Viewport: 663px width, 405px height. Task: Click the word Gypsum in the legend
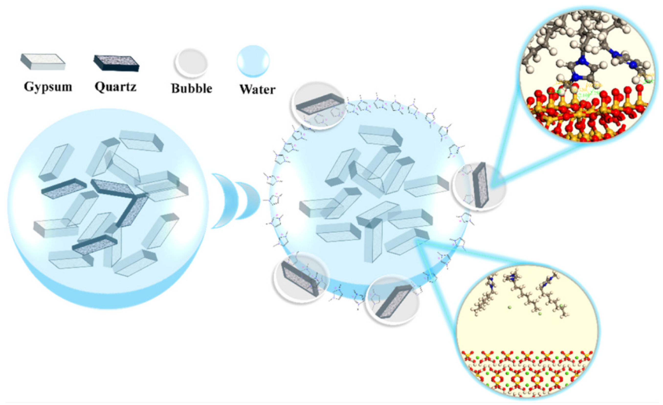[x=48, y=87]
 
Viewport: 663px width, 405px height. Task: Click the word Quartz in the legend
[x=115, y=86]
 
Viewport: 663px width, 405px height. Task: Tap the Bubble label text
[x=192, y=88]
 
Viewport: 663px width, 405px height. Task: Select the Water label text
[x=257, y=89]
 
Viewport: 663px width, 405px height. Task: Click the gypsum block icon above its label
[x=43, y=62]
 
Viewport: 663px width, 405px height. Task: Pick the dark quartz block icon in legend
[x=116, y=63]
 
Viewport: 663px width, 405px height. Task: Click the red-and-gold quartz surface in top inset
[x=586, y=116]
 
